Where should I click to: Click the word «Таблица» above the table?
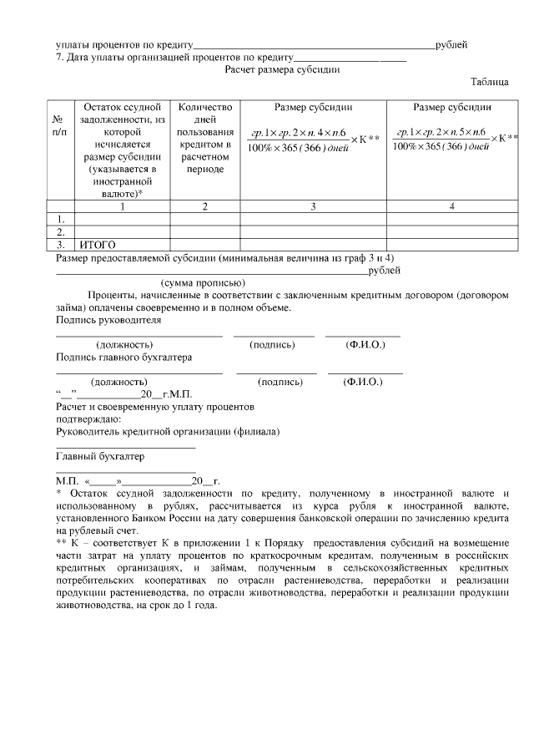point(490,82)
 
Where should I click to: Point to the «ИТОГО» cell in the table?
point(98,246)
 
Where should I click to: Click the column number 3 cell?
point(313,206)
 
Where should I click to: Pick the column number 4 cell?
point(451,206)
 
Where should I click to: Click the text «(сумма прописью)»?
point(203,282)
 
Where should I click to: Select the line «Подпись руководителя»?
point(108,320)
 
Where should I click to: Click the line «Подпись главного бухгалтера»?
point(123,357)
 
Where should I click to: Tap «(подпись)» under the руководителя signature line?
point(273,344)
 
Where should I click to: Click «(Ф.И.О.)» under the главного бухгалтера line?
point(363,382)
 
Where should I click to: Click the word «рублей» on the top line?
point(451,43)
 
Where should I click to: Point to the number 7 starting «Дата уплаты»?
point(59,57)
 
